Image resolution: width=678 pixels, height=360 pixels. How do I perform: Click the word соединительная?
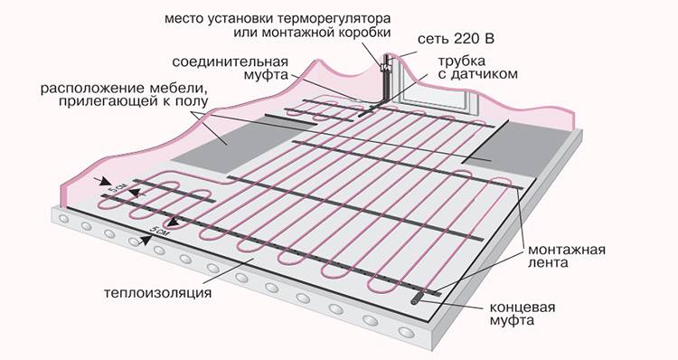pyautogui.click(x=230, y=61)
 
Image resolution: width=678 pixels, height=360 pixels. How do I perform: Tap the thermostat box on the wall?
pyautogui.click(x=385, y=66)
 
